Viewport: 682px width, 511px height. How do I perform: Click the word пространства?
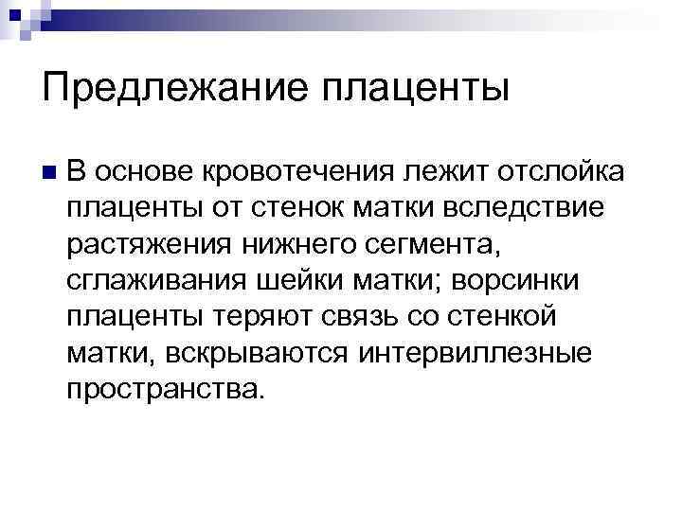click(161, 388)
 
